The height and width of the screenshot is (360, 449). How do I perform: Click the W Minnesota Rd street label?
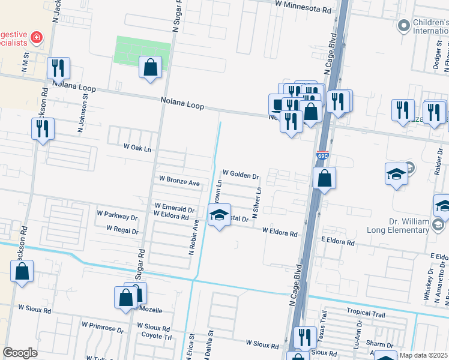[x=303, y=10]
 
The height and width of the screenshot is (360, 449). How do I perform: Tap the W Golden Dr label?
[x=240, y=176]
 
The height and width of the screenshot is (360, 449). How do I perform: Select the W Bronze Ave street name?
[x=179, y=181]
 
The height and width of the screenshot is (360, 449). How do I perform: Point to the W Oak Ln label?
[x=137, y=148]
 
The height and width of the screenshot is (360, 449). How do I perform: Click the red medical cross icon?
[x=37, y=38]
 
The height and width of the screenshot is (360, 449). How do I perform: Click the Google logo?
[x=20, y=353]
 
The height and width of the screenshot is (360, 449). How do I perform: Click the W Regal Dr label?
[x=122, y=229]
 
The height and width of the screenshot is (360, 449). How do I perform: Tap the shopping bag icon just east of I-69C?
[x=324, y=178]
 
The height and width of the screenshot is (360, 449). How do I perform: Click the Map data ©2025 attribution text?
[x=423, y=355]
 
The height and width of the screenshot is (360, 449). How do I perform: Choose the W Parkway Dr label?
[x=117, y=214]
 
